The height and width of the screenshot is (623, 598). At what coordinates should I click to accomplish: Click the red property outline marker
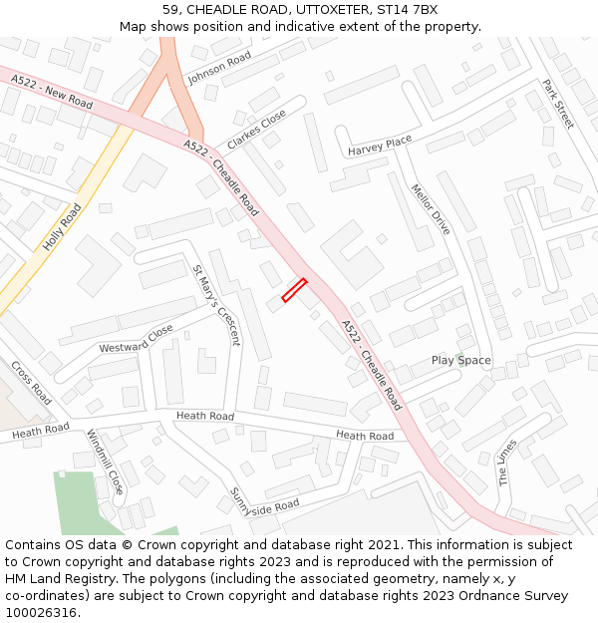tap(294, 289)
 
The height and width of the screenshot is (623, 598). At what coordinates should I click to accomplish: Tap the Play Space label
tap(461, 360)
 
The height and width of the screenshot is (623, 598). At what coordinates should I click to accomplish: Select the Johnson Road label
tap(219, 67)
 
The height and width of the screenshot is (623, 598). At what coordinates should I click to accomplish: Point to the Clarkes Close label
tap(256, 130)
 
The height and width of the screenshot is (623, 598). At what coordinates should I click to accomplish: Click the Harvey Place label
tap(380, 147)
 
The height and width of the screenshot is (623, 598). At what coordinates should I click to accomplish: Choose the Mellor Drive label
tap(431, 208)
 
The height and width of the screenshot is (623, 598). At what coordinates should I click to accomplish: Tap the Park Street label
tap(558, 104)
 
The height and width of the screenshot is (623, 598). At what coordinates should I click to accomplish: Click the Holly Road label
tap(62, 226)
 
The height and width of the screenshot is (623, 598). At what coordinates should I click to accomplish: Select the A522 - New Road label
tap(52, 92)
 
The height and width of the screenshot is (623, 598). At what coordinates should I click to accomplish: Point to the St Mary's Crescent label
tap(216, 304)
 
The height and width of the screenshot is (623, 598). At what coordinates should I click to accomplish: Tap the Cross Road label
tap(31, 382)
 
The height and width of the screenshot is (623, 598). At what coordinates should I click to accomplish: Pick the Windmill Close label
tap(105, 462)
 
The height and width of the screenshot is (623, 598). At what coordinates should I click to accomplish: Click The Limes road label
tap(508, 462)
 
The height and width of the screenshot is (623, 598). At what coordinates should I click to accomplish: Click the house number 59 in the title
tap(170, 10)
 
